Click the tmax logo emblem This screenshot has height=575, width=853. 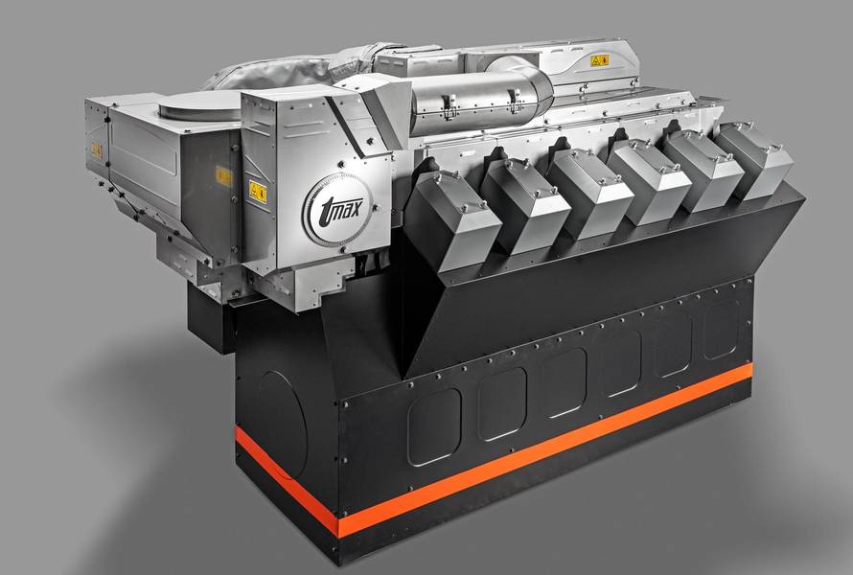[337, 209]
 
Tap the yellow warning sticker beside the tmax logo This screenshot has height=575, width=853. [258, 192]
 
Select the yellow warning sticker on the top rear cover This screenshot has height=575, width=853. [600, 60]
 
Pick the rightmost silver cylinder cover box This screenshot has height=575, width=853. [753, 160]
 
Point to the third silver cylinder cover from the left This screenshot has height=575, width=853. [589, 192]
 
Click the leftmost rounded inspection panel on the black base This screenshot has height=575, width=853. [435, 427]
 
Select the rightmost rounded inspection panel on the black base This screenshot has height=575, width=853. [722, 330]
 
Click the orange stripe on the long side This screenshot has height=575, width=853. [545, 449]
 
